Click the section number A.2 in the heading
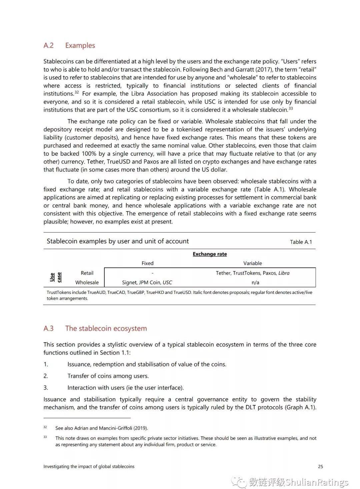[48, 45]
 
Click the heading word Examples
[80, 45]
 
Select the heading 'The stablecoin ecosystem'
[106, 328]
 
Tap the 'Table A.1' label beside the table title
[301, 242]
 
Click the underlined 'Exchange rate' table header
[210, 254]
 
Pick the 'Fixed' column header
[147, 263]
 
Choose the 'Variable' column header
[252, 263]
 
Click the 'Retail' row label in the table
[87, 273]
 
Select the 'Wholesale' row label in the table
[87, 282]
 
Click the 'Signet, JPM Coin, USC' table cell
[147, 282]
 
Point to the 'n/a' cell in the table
[255, 282]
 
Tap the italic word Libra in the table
[284, 273]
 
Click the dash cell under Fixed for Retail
[152, 273]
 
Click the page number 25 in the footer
[320, 466]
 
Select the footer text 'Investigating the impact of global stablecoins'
[89, 466]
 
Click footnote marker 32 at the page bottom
[45, 427]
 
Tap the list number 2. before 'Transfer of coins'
[46, 376]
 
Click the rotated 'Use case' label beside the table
[56, 277]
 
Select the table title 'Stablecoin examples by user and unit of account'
[118, 241]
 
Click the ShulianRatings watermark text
[317, 482]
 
